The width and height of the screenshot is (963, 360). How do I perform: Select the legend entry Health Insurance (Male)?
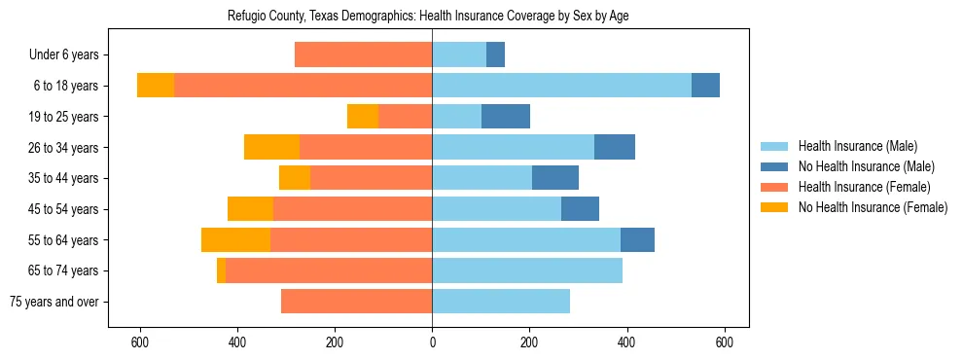[857, 146]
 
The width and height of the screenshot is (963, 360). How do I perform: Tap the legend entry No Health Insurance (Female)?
[872, 207]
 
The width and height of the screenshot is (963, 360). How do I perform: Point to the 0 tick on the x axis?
[432, 342]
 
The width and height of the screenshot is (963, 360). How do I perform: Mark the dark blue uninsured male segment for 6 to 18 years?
[705, 86]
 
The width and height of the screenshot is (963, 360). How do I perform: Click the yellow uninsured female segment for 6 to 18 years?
[156, 86]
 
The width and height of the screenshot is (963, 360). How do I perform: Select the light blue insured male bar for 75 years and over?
[501, 302]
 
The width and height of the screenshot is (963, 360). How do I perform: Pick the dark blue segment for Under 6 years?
[495, 55]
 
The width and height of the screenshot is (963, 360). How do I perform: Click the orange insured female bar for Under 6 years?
[363, 55]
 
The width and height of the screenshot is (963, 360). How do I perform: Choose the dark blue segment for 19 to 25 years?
[506, 117]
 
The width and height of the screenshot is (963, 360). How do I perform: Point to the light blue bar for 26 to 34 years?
[513, 148]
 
